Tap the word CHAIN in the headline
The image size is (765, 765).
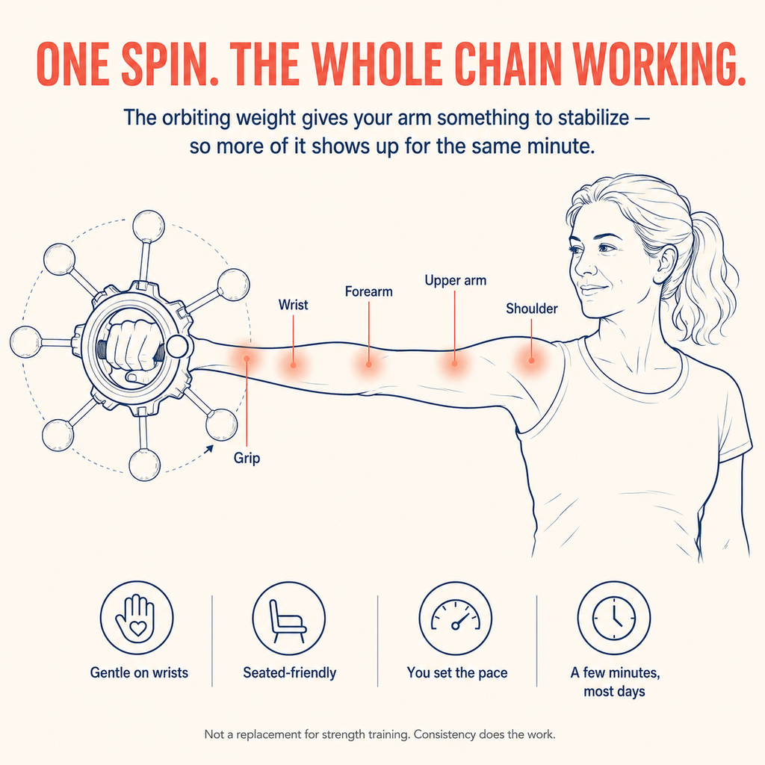tap(507, 64)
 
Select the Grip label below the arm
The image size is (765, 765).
tap(247, 458)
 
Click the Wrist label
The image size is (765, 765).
tap(293, 305)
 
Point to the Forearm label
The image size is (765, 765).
tap(369, 292)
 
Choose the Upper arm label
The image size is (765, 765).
tap(455, 281)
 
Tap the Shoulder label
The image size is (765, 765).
tap(531, 309)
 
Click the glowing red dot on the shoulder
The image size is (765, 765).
tap(531, 361)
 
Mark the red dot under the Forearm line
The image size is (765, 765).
tap(369, 365)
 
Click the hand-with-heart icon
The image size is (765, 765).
tap(137, 617)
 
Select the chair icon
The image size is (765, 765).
tap(289, 618)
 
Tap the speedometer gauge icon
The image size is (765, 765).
tap(456, 618)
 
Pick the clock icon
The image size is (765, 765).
tap(614, 618)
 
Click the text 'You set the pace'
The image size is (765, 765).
tap(457, 673)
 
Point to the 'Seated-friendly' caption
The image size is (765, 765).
tap(290, 673)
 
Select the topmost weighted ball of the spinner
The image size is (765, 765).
tap(149, 226)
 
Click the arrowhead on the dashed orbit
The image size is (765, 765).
tap(210, 449)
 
